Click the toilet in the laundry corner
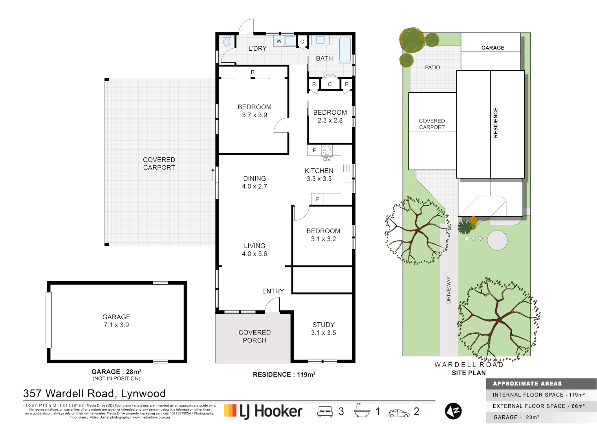227,42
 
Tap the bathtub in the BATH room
345,50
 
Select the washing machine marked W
279,41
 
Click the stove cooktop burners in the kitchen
327,150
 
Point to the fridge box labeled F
317,199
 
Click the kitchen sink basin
346,177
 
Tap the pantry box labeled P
314,150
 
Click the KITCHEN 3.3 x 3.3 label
319,175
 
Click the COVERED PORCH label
255,336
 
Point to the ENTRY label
273,291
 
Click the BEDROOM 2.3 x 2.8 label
330,116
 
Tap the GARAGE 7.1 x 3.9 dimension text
116,325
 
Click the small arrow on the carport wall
213,174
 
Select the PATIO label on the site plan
432,68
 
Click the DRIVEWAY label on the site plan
449,290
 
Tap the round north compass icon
453,411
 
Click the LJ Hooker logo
263,411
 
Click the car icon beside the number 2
399,413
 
